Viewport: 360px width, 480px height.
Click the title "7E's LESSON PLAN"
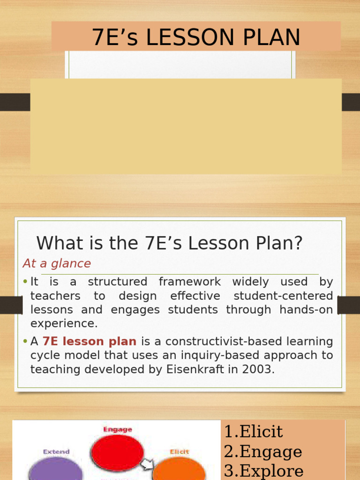(x=196, y=37)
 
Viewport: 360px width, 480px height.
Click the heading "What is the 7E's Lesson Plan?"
(x=170, y=243)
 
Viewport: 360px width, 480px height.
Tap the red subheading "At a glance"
(x=57, y=263)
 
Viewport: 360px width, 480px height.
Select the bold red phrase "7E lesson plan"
(x=90, y=342)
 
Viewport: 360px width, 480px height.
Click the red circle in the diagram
(x=117, y=453)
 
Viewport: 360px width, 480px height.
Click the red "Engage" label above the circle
(x=117, y=429)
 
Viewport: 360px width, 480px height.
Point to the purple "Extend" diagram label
(x=56, y=452)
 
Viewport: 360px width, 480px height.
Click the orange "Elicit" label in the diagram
(x=179, y=452)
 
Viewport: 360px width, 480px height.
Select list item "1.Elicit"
(x=254, y=431)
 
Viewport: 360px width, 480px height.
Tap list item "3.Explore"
(x=263, y=471)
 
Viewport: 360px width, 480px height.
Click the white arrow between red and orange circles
(x=148, y=464)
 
